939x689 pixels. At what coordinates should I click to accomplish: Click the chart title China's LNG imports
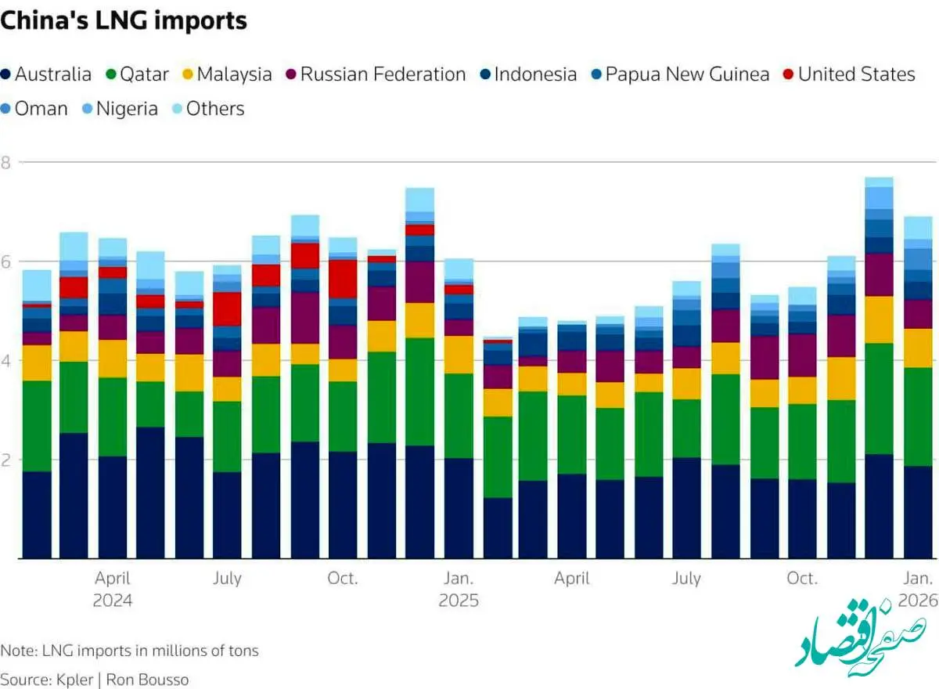[x=124, y=21]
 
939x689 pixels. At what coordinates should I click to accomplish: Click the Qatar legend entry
[x=136, y=74]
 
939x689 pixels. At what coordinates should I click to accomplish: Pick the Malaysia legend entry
[x=226, y=74]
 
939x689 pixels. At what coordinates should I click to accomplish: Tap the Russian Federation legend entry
[x=375, y=74]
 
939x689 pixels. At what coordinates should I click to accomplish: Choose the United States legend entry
[x=848, y=74]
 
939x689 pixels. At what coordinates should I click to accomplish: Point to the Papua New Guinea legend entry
[x=679, y=74]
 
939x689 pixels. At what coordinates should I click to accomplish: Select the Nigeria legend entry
[x=119, y=109]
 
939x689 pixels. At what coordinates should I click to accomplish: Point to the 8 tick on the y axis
[x=6, y=163]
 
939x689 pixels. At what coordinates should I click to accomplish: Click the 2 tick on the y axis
[x=6, y=460]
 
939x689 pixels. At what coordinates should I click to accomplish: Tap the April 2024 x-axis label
[x=113, y=590]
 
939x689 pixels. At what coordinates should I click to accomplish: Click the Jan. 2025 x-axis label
[x=459, y=590]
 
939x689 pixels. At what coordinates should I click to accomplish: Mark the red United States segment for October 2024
[x=343, y=278]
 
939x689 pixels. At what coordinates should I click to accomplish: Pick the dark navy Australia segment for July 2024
[x=228, y=514]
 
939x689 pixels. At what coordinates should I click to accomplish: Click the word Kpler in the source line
[x=74, y=679]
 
